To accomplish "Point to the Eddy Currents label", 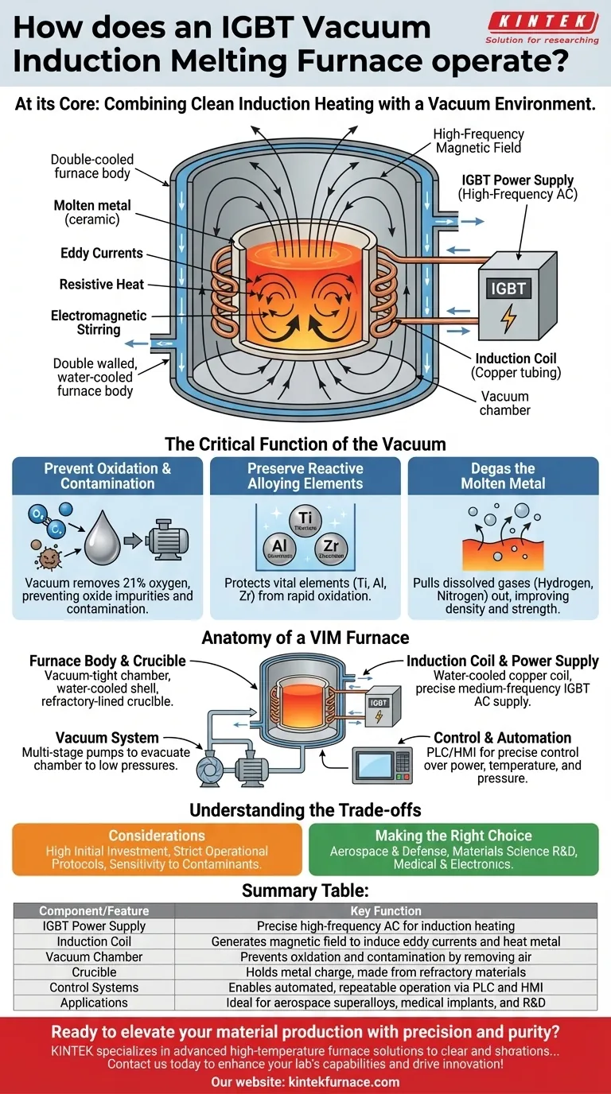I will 102,254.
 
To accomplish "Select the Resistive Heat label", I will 101,284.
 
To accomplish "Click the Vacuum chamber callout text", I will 504,403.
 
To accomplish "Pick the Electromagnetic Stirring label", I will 99,322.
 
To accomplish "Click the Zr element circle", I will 330,549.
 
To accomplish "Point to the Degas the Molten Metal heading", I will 503,475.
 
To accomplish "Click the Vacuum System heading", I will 107,738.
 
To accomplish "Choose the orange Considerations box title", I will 157,836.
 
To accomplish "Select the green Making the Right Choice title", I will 453,836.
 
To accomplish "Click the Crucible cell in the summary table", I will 94,972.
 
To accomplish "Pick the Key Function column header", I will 386,911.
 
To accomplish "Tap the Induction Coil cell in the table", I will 94,941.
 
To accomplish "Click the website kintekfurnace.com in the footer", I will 305,1081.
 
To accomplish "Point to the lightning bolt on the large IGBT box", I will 507,318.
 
